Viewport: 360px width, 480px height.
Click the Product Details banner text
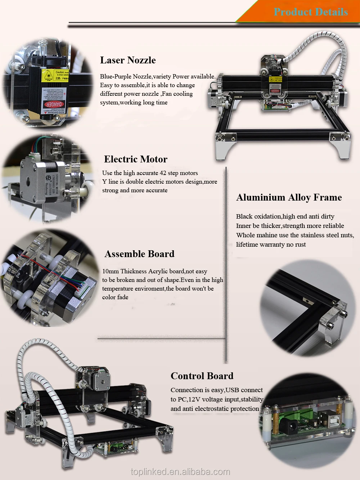point(311,12)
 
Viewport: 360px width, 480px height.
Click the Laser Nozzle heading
point(128,60)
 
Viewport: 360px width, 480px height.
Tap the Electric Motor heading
point(136,159)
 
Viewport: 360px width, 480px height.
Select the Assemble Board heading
point(139,254)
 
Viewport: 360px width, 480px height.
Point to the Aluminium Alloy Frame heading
point(289,197)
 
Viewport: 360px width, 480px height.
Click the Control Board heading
point(202,376)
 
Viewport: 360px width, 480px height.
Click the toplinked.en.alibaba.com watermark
point(180,472)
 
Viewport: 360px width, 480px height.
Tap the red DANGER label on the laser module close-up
point(53,104)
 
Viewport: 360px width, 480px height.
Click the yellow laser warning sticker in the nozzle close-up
point(48,76)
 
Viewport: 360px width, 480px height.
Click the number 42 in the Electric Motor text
point(163,173)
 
